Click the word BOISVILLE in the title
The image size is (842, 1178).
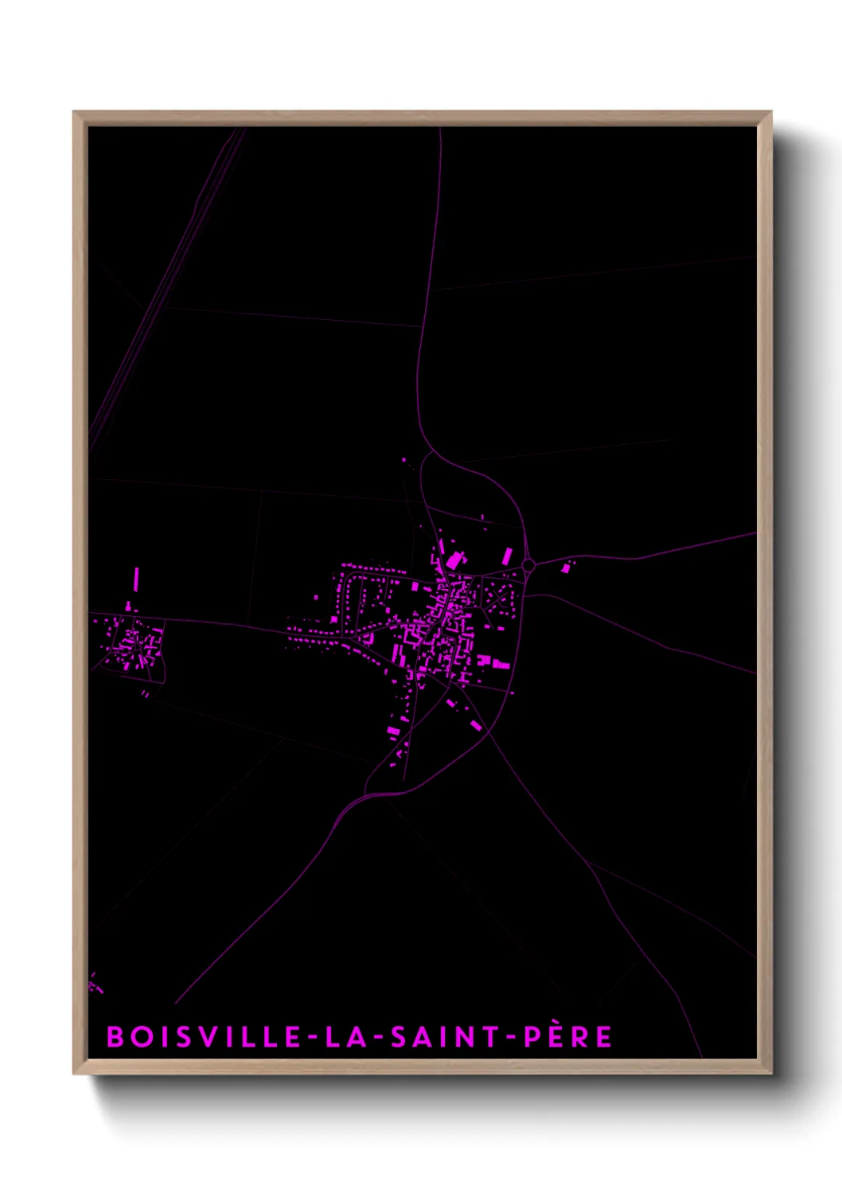204,1036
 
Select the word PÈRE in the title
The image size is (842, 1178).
567,1036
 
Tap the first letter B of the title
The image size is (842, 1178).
115,1036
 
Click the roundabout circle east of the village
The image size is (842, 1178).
528,565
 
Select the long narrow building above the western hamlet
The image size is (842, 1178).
136,579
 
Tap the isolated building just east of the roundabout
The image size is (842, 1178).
567,567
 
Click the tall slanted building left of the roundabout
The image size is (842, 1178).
507,556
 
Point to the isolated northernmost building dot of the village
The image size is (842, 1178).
404,460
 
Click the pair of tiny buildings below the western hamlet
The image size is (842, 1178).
145,694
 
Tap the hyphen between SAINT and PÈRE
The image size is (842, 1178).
513,1037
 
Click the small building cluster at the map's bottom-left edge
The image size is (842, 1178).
95,985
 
